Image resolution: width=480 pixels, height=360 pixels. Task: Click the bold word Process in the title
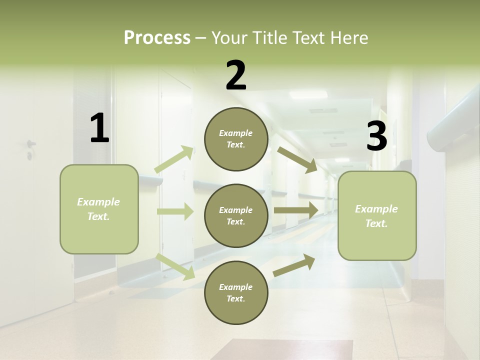(157, 38)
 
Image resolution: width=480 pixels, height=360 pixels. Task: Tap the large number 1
(99, 128)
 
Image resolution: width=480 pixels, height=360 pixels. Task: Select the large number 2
(236, 75)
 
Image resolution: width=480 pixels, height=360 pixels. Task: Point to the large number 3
(376, 136)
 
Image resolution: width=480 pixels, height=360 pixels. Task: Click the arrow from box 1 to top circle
(174, 159)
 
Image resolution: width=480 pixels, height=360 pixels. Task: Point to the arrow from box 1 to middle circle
(175, 211)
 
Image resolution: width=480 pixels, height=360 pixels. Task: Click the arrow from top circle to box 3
(297, 159)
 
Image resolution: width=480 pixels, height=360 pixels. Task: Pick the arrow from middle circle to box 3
(295, 210)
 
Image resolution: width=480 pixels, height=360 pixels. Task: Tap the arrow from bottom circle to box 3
(294, 265)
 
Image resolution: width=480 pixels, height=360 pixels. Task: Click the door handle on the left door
(31, 144)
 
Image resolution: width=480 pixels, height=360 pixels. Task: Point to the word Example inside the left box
(98, 202)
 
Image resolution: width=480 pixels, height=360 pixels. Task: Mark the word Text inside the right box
(376, 223)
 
